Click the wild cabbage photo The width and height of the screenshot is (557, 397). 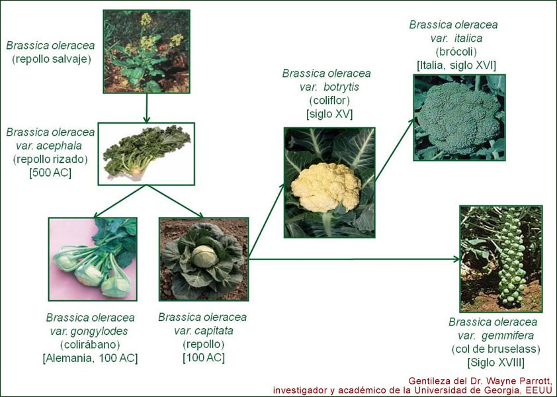pos(146,52)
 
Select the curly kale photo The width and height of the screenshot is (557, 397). pos(146,154)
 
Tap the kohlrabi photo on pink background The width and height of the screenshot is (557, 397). pos(93,259)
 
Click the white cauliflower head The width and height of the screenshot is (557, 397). pos(325,187)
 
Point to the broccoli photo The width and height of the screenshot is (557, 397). pos(459,118)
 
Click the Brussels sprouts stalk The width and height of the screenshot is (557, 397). pos(511,257)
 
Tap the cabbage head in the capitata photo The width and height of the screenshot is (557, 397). pos(204,257)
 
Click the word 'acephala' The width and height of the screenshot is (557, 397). pos(60,146)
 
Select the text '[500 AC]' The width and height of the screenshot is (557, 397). pos(50,173)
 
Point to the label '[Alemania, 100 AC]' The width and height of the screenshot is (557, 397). pos(90,358)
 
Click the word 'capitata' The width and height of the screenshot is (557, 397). pos(214,331)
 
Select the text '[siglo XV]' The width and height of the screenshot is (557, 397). pos(329,114)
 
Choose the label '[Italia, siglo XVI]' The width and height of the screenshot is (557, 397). pos(456,66)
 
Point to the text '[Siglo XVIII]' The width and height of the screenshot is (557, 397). pos(496,363)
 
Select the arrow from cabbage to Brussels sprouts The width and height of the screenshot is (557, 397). pos(354,259)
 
